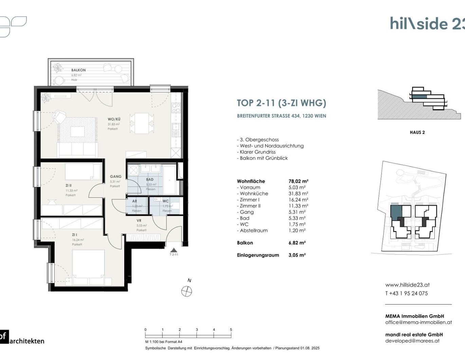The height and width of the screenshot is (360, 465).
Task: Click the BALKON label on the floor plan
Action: pos(78,70)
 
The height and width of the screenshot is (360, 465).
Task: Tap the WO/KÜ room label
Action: pos(114,119)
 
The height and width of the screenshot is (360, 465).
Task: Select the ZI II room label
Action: pos(69,185)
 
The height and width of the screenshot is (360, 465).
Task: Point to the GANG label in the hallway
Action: pos(115,177)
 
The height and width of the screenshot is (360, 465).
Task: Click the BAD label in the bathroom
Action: pos(150,179)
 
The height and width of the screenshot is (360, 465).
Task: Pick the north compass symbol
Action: pos(187,291)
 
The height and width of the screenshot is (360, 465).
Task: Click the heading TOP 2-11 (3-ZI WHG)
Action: pos(281,103)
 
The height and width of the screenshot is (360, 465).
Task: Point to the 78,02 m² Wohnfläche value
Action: pos(298,181)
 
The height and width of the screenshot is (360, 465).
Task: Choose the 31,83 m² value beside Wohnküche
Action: pos(298,194)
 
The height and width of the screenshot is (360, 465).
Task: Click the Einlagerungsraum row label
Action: pos(258,255)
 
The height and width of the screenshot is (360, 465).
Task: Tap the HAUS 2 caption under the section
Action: pos(417,132)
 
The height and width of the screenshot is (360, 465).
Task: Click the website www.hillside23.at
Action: pos(407,285)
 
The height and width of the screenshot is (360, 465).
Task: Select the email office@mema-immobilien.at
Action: pos(418,322)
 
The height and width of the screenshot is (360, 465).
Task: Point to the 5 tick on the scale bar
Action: pos(231,330)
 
